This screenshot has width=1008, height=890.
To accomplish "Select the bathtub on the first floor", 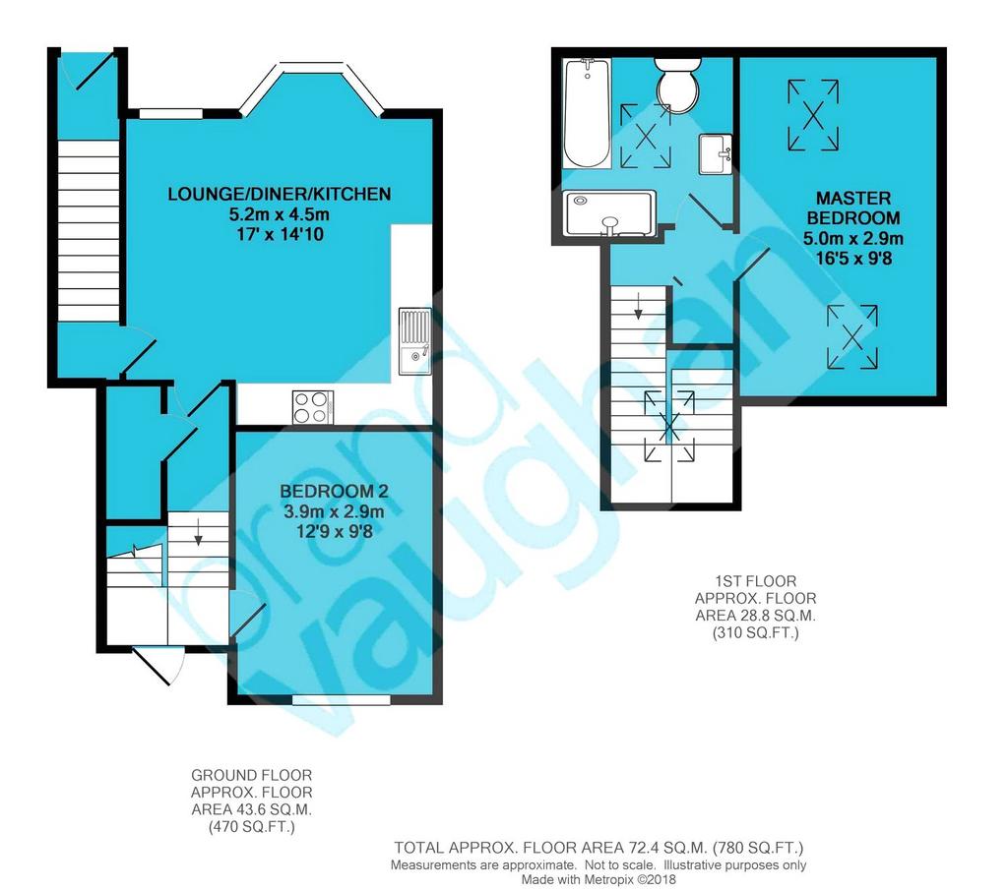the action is pos(587,113).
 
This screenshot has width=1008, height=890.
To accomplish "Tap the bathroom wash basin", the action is pos(716,154).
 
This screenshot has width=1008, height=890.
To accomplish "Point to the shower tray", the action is pos(609,213).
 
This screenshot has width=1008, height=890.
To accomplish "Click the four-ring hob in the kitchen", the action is pos(313,407).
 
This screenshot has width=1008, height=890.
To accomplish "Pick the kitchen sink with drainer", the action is pos(414,341).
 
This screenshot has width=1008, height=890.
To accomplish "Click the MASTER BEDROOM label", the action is pos(853,208).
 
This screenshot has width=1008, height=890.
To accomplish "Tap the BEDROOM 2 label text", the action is pos(335,492).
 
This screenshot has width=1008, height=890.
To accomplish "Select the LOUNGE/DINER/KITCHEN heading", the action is pos(279,194).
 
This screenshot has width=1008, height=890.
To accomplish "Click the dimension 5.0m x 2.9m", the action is pos(853,239).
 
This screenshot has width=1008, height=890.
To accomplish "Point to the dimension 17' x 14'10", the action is pos(280,234).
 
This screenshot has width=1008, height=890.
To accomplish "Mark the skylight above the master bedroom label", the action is pos(813,115).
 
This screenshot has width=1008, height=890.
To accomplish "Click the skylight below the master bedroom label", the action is pos(852,336).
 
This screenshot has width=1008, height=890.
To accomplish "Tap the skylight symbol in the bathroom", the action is pos(646,136).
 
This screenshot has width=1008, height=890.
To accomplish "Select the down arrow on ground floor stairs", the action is pos(199,532).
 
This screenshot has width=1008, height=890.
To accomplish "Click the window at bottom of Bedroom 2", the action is pos(342,699).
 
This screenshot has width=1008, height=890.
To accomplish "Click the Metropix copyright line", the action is pos(598,880).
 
